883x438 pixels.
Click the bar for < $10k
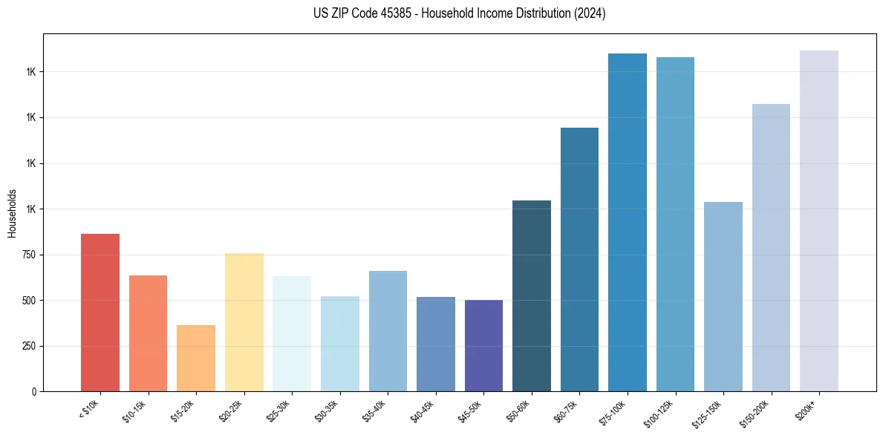100,313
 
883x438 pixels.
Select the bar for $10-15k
148,333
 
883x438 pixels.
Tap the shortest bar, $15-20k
196,358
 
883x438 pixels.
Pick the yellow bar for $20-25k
244,322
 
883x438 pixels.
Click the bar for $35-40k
388,331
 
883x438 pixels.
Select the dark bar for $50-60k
532,295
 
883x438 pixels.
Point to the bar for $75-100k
628,222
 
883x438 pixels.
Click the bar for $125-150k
723,296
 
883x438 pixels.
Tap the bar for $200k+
819,220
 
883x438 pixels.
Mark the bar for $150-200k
771,247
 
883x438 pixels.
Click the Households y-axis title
12,213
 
